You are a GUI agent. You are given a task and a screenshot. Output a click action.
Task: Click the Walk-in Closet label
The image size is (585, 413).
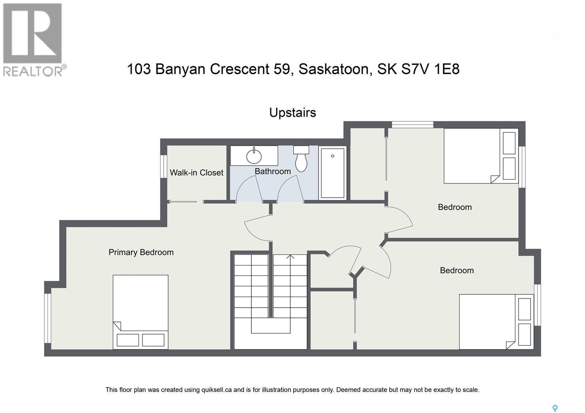[196, 173]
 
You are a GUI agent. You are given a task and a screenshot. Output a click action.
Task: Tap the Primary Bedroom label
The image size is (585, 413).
[141, 252]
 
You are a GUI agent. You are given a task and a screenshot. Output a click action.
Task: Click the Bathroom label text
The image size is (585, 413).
[273, 171]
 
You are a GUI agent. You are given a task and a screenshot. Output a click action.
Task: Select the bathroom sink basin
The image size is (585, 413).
[254, 156]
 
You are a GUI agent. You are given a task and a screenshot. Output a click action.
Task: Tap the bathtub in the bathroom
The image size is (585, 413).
[332, 173]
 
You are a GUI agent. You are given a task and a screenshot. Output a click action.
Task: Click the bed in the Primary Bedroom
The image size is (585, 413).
[140, 311]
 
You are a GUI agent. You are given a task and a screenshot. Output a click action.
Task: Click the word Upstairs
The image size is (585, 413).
[292, 113]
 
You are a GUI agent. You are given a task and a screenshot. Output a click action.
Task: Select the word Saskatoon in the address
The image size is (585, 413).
[333, 69]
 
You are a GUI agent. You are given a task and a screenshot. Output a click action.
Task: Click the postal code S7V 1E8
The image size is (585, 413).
[430, 69]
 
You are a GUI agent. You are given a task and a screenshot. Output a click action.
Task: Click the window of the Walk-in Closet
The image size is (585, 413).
[164, 167]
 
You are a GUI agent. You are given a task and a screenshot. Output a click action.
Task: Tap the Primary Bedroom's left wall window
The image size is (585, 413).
[48, 318]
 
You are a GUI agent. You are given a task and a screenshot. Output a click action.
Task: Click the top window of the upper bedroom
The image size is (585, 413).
[412, 125]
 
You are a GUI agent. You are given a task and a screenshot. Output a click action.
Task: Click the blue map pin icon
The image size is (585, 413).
[555, 408]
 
